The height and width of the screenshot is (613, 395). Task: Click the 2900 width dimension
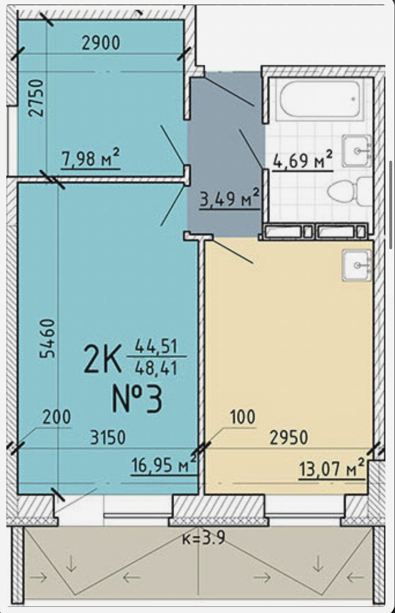(101, 43)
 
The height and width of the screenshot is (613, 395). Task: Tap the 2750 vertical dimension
(36, 98)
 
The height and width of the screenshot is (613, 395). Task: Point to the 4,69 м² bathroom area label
(302, 160)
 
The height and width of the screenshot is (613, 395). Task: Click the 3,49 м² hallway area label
(229, 198)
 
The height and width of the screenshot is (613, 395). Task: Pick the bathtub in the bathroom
(320, 99)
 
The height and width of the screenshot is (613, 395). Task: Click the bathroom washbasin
(356, 151)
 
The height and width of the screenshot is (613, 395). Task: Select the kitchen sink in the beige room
(357, 265)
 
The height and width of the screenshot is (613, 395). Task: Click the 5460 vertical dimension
(48, 338)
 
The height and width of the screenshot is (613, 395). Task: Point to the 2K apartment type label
(103, 359)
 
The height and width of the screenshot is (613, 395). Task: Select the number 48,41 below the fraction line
(156, 368)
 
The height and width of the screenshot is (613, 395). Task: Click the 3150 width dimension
(108, 437)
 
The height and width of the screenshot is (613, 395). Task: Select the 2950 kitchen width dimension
(289, 437)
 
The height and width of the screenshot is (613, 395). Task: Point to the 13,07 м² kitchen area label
(332, 469)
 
